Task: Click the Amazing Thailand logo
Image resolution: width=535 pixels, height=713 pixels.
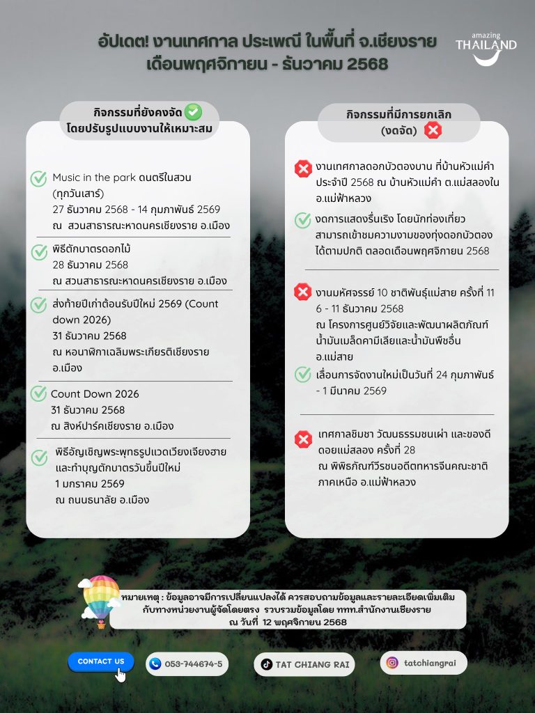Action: point(486,49)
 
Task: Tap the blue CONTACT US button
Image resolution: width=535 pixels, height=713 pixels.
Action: point(101,661)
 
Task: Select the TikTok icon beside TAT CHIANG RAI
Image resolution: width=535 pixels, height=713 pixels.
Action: point(266,664)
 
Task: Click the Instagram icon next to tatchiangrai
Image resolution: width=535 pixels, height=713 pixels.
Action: point(392,663)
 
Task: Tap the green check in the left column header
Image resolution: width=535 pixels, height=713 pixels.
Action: point(193,111)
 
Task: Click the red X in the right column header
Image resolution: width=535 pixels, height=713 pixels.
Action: point(433,130)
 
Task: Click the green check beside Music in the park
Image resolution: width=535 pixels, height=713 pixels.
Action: point(39,179)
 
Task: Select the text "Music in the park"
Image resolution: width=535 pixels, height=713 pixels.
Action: point(93,178)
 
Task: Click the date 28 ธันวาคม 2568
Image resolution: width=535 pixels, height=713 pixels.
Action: point(90,265)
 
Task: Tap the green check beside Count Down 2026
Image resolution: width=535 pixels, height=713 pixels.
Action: point(39,394)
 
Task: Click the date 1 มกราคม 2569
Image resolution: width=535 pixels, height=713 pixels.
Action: point(89,483)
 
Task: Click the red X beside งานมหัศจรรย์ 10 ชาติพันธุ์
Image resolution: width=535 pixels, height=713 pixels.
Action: point(303,292)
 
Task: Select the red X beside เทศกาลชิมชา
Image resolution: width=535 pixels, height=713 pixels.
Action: point(303,439)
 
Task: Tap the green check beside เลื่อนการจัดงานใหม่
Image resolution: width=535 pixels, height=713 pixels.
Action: point(303,375)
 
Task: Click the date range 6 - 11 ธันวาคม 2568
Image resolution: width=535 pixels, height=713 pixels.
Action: point(359,308)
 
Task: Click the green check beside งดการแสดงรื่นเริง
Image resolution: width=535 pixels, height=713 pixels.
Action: point(303,220)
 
